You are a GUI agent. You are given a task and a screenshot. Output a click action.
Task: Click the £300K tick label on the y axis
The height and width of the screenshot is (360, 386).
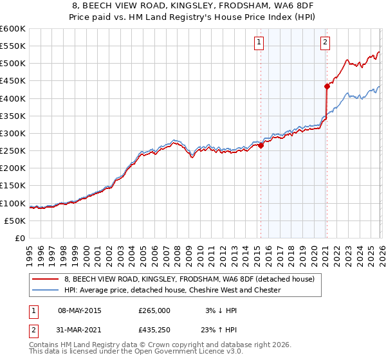pos(12,133)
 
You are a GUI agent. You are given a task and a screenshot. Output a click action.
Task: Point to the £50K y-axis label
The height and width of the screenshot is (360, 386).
pos(14,221)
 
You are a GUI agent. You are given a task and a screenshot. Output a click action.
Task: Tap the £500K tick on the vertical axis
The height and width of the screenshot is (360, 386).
pos(12,64)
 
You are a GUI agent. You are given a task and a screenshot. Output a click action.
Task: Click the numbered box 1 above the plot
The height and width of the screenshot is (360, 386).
pos(259,43)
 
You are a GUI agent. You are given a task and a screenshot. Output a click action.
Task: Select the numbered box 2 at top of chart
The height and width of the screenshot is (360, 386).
pos(326,43)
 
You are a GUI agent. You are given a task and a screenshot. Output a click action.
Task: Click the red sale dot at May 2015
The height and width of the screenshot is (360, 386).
pos(261,145)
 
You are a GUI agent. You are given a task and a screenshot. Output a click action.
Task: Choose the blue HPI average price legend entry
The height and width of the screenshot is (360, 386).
pos(172,290)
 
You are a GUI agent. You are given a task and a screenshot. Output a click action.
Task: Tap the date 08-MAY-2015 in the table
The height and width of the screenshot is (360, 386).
pos(80,310)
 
